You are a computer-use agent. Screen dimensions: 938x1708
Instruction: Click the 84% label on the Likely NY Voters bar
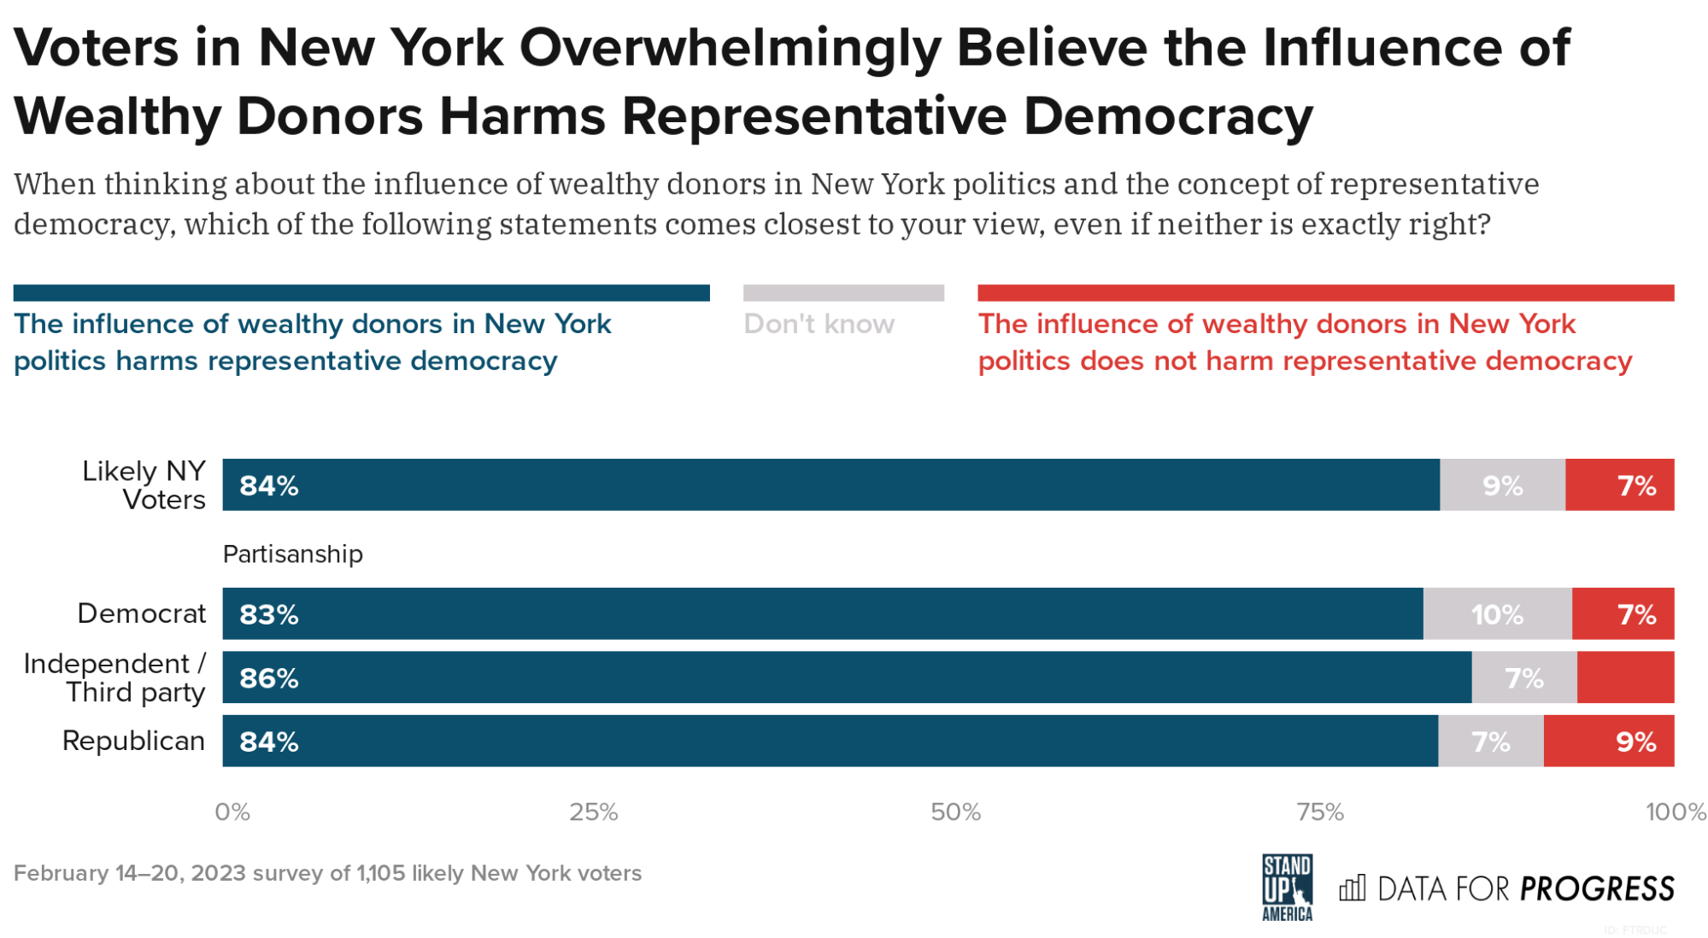pyautogui.click(x=268, y=485)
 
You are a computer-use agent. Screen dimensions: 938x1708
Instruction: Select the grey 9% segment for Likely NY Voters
pyautogui.click(x=1502, y=485)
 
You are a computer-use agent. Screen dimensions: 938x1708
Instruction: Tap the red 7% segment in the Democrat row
pyautogui.click(x=1623, y=614)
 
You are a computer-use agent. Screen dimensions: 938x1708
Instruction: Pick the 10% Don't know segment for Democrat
pyautogui.click(x=1497, y=614)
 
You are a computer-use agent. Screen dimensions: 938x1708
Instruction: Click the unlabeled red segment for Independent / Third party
pyautogui.click(x=1625, y=677)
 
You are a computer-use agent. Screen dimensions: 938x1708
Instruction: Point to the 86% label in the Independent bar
pyautogui.click(x=268, y=677)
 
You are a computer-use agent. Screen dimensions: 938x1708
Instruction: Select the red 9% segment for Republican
pyautogui.click(x=1609, y=741)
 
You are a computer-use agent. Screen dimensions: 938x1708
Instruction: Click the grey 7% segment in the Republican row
pyautogui.click(x=1491, y=741)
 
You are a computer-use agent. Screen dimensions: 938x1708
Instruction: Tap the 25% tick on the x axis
pyautogui.click(x=593, y=812)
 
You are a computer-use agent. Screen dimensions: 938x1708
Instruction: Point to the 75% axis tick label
pyautogui.click(x=1320, y=812)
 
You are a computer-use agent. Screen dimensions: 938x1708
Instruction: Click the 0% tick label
pyautogui.click(x=232, y=812)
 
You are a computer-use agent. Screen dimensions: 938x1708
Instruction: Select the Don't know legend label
pyautogui.click(x=819, y=324)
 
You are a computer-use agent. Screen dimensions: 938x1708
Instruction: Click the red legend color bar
pyautogui.click(x=1325, y=293)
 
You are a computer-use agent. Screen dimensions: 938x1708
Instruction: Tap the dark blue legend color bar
pyautogui.click(x=361, y=293)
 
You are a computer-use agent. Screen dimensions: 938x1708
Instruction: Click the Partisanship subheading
pyautogui.click(x=292, y=554)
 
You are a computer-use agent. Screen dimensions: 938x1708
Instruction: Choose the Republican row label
pyautogui.click(x=133, y=741)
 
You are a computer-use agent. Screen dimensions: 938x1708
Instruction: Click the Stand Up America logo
pyautogui.click(x=1287, y=888)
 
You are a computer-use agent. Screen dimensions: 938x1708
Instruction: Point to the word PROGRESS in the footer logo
pyautogui.click(x=1597, y=889)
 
